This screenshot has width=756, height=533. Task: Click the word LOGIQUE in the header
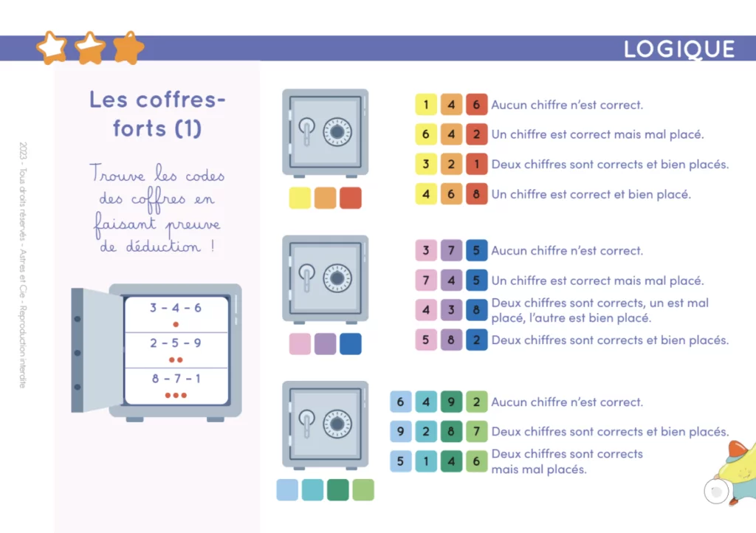tap(679, 49)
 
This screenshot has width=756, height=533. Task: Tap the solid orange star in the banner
tap(128, 48)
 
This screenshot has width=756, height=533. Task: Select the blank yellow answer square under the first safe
tap(300, 198)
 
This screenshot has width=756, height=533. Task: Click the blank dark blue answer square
tap(351, 344)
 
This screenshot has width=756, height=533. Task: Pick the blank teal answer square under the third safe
tap(312, 490)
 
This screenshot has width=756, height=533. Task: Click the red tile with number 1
tap(476, 165)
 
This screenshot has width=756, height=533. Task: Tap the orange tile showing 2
tap(451, 165)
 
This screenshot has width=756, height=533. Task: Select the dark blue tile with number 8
tap(476, 310)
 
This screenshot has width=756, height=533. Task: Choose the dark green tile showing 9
tap(451, 402)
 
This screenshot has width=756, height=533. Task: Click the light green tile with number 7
tap(476, 431)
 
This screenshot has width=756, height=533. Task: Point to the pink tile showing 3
tap(426, 250)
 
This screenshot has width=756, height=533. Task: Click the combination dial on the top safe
tap(337, 131)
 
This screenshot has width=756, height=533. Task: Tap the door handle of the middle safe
tap(306, 277)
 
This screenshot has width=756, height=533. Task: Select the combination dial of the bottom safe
tap(337, 424)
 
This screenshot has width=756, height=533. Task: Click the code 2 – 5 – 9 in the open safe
tap(176, 343)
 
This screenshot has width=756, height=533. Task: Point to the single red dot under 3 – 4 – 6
tap(176, 324)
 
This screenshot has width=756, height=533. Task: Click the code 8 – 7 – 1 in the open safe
tap(176, 379)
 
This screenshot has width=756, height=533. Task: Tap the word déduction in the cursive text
tap(163, 247)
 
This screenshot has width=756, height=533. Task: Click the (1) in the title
tap(188, 128)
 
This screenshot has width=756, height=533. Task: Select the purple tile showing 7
tap(451, 250)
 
